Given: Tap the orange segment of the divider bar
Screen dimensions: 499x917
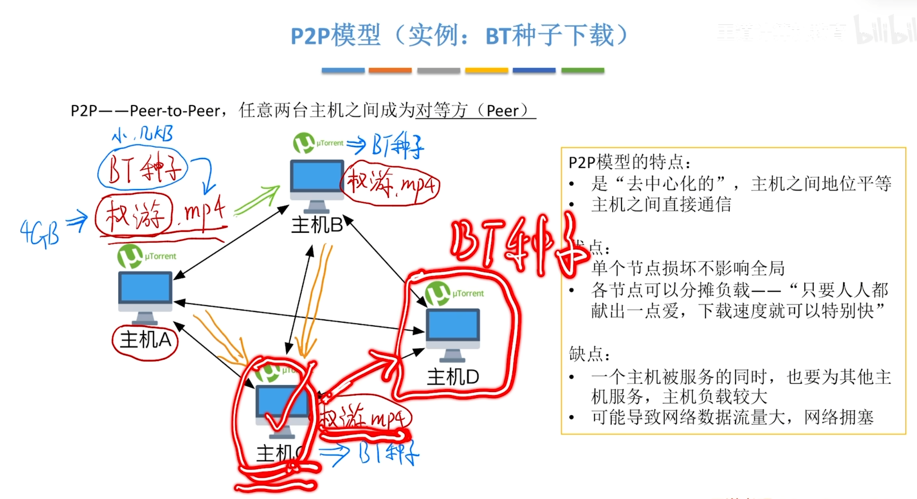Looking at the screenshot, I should click(x=390, y=71).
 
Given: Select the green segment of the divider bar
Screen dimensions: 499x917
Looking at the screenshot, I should click(x=582, y=71).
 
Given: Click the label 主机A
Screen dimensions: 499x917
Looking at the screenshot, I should click(x=145, y=340).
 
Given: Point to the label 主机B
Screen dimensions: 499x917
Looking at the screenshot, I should click(x=317, y=225).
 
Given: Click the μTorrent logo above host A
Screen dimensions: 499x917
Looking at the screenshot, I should click(x=130, y=256).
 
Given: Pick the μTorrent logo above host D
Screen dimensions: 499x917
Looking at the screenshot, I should click(x=438, y=293).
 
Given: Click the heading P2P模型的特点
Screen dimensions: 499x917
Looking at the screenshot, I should click(x=629, y=162).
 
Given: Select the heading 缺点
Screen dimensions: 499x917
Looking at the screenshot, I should click(x=589, y=354).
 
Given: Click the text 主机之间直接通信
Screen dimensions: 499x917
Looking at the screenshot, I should click(x=661, y=205).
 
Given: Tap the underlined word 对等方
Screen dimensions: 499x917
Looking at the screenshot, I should click(x=441, y=111).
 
